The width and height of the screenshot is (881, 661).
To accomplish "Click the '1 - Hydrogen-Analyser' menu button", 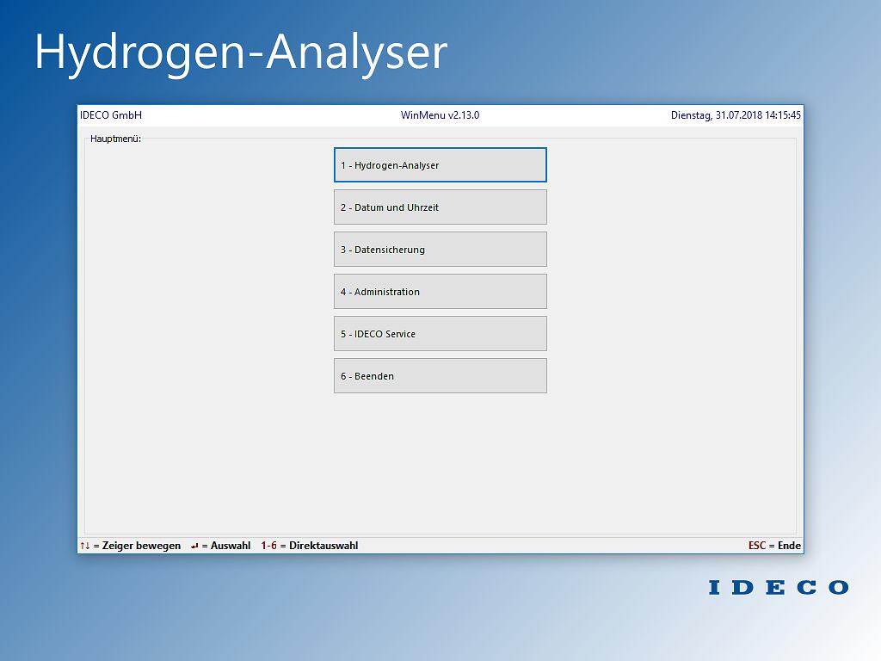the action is click(440, 164).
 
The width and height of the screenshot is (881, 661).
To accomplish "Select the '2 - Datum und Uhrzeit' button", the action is click(440, 207).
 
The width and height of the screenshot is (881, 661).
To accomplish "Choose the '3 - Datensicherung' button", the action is click(440, 249).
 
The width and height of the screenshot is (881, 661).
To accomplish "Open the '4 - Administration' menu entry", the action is click(440, 291).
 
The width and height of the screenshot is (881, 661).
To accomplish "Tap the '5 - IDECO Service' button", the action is click(440, 333).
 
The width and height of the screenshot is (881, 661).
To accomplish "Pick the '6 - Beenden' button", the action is click(440, 375).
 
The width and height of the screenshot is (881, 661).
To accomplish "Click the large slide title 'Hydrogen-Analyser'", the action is click(241, 53).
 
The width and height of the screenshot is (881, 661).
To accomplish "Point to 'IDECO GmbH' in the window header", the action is click(111, 115).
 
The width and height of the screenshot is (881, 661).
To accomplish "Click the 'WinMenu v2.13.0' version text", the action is click(440, 115).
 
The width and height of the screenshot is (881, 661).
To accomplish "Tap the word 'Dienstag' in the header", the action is click(692, 116).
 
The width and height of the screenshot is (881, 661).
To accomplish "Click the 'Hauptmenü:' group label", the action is click(116, 139).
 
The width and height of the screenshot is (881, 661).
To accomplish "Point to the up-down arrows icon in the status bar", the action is click(85, 545).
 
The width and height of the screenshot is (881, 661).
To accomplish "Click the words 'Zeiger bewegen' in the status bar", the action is click(142, 546).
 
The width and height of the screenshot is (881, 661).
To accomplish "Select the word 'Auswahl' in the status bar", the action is click(231, 545).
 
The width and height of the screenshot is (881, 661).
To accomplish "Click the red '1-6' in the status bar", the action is click(268, 545).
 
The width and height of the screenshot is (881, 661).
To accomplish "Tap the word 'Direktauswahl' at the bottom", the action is click(323, 545).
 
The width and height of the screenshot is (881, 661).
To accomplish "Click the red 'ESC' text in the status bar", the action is click(757, 545).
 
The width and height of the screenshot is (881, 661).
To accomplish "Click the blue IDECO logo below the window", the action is click(779, 587).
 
